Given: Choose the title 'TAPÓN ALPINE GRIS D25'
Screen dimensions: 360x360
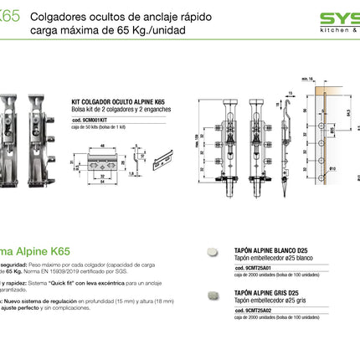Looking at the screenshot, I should coord(257,292).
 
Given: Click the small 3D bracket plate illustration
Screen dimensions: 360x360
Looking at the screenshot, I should coord(151,158).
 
